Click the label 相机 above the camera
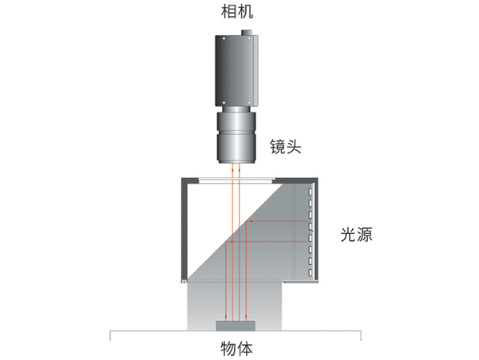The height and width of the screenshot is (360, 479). (237, 12)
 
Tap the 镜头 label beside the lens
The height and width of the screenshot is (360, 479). (285, 146)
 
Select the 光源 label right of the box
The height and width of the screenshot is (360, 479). (357, 235)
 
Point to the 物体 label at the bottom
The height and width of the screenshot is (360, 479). (237, 349)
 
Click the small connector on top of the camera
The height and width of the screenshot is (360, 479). (246, 33)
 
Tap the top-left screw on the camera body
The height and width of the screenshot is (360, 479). (224, 39)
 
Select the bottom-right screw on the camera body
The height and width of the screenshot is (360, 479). (249, 103)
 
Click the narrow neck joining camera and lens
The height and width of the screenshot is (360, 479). (236, 109)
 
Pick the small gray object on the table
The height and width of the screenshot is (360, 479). (236, 326)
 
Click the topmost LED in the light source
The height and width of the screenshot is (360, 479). (311, 192)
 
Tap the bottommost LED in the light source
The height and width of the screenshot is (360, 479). (311, 272)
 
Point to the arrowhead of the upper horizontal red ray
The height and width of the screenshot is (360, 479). (251, 221)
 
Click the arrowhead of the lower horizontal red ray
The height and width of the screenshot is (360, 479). (232, 242)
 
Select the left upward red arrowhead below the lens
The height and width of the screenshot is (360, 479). (232, 167)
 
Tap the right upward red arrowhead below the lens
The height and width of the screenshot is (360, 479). (239, 167)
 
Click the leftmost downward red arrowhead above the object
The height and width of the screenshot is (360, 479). (226, 318)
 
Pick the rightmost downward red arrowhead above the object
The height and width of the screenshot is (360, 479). (246, 318)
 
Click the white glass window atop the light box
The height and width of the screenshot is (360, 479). (236, 181)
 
